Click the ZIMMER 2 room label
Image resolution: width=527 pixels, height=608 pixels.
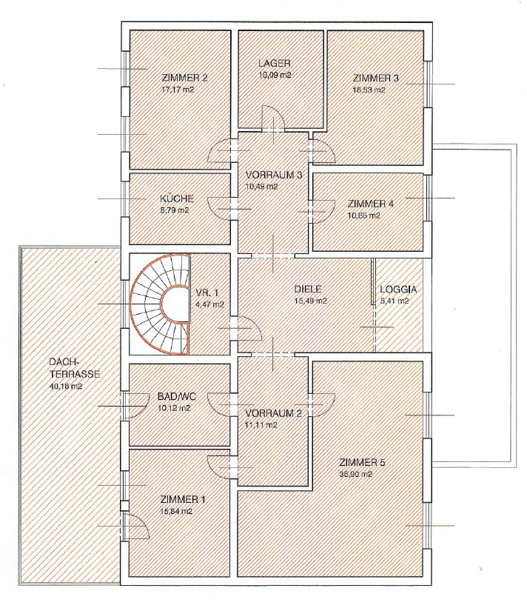click(x=185, y=78)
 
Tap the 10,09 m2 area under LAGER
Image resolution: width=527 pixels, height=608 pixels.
click(x=275, y=76)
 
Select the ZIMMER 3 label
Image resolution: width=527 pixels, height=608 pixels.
click(x=375, y=78)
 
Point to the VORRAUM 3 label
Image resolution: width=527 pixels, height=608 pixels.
click(x=274, y=175)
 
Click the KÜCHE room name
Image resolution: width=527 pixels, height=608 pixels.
click(x=177, y=199)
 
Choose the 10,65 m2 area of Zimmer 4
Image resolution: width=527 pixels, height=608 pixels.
click(x=363, y=216)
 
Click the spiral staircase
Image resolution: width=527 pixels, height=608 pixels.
click(x=160, y=304)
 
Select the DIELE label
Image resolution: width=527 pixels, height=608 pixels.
click(x=308, y=289)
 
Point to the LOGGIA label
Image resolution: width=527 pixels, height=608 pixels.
click(x=398, y=290)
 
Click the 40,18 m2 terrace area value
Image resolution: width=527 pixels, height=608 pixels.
click(x=66, y=387)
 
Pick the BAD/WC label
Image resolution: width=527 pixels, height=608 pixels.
click(x=177, y=397)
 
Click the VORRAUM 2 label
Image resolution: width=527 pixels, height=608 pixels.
click(x=274, y=413)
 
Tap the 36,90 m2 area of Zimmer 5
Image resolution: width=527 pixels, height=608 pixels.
click(x=356, y=474)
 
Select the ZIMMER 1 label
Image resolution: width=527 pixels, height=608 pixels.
click(x=183, y=499)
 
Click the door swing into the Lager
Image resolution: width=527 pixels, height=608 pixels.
click(x=274, y=118)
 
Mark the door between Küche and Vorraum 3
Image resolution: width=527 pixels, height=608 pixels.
click(x=221, y=209)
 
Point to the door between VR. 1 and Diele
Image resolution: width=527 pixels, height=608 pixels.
click(x=248, y=328)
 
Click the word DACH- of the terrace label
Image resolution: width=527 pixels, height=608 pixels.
click(x=64, y=362)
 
